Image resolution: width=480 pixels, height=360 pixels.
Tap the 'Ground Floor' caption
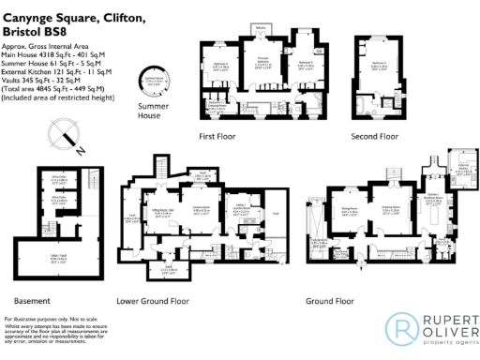[x=330, y=301]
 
